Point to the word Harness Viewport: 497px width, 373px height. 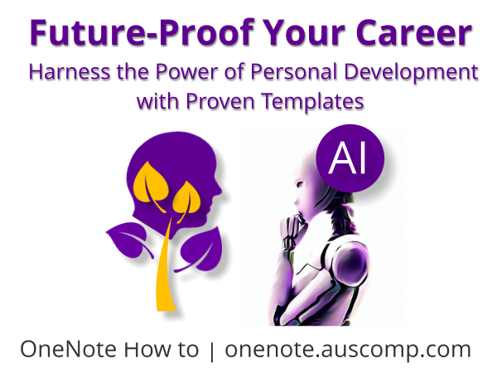tap(64, 72)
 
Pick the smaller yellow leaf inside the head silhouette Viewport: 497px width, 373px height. tap(187, 201)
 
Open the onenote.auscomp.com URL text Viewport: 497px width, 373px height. tap(347, 349)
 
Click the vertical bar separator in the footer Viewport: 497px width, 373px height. tap(212, 350)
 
